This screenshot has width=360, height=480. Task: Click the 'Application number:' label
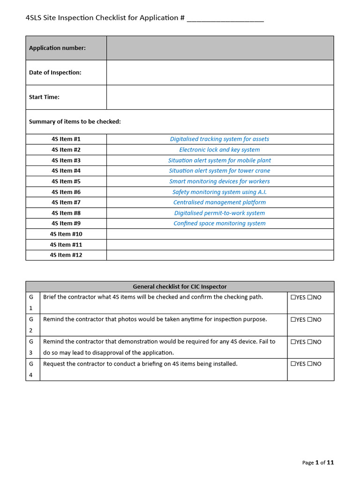tap(57, 48)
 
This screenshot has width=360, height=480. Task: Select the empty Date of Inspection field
tap(220, 73)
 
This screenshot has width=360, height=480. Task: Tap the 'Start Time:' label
tap(44, 97)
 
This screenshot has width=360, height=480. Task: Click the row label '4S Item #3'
tap(66, 160)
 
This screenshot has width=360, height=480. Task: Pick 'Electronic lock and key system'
tap(219, 150)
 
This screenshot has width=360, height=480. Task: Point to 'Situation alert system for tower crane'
tap(219, 171)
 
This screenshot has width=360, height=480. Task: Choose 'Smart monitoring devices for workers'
tap(219, 181)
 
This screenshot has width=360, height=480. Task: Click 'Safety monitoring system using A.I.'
tap(219, 192)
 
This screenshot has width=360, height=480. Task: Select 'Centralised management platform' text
tap(219, 202)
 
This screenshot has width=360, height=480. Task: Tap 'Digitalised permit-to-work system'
tap(219, 213)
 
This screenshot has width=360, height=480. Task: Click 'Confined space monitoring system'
tap(219, 224)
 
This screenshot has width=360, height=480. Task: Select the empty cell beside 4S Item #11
tap(220, 245)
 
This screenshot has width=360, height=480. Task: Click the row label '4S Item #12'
tap(66, 255)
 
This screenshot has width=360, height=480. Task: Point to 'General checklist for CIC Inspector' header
tap(180, 286)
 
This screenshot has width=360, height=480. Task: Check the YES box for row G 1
tap(293, 297)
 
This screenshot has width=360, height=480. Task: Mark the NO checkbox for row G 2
tap(310, 320)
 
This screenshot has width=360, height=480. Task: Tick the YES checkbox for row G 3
tap(293, 342)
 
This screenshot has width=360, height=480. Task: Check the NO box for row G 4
tap(310, 364)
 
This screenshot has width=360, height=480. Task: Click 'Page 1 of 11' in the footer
tap(318, 463)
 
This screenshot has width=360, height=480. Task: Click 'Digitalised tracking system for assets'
tap(219, 139)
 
